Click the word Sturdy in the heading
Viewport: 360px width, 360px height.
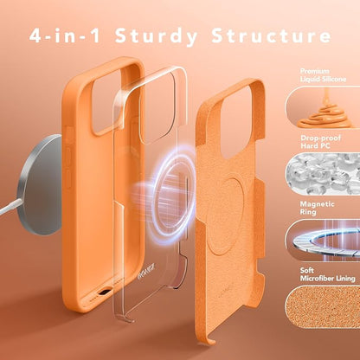tap(156, 36)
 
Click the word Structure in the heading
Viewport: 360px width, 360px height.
tap(271, 35)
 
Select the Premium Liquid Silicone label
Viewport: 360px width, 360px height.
tap(323, 75)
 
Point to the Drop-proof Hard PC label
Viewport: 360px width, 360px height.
tap(320, 142)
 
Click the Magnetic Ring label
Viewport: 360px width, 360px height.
tap(317, 208)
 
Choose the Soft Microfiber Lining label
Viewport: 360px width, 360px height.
tap(327, 274)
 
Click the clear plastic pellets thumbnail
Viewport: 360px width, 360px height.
tap(323, 174)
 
